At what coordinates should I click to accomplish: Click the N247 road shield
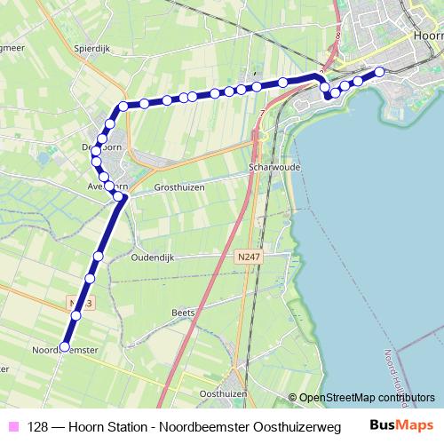[249, 256]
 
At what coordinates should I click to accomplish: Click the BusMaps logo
[402, 426]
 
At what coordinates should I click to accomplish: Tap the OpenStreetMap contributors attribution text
[367, 397]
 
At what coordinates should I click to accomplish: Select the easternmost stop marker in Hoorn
[380, 72]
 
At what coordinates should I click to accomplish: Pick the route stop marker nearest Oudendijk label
[98, 256]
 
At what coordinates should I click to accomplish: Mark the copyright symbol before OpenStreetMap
[292, 398]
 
